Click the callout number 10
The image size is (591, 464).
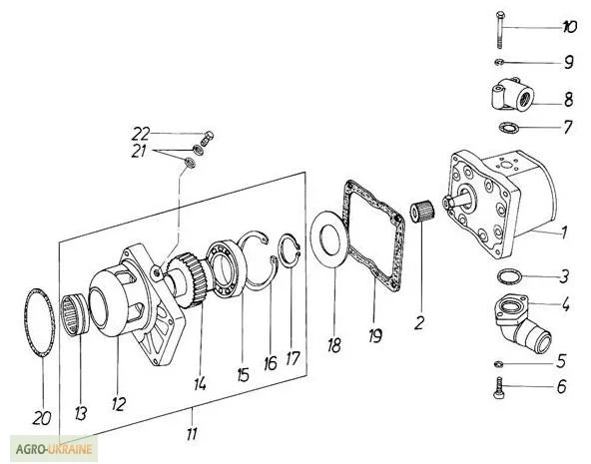[x=569, y=27]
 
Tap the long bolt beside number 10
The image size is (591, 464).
[x=499, y=30]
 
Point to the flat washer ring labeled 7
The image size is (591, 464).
[x=508, y=128]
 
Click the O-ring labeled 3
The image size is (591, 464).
[x=510, y=276]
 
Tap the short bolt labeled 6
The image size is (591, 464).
[x=499, y=387]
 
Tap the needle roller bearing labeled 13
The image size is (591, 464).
[x=76, y=315]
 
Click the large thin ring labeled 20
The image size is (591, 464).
[x=40, y=322]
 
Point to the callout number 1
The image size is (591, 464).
[x=564, y=232]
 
